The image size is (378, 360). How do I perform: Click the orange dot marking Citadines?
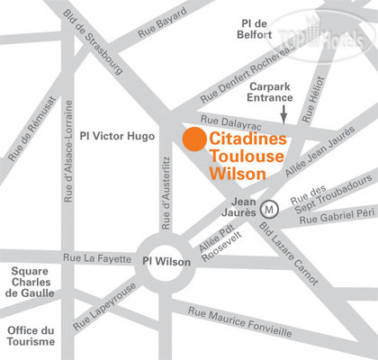click(192, 139)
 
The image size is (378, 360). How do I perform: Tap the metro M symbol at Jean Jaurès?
click(267, 209)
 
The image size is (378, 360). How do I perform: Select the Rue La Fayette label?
click(94, 258)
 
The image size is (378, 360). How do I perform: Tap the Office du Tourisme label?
click(30, 336)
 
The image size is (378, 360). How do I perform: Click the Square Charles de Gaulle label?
click(30, 281)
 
